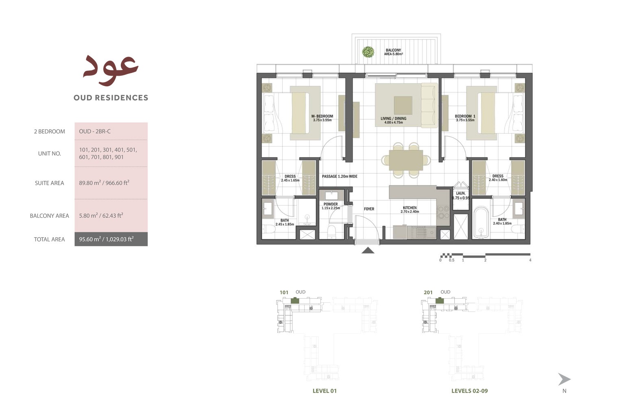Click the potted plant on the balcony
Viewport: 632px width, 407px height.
coord(368,52)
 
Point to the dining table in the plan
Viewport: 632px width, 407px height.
coord(405,160)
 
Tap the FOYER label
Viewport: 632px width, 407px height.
coord(369,209)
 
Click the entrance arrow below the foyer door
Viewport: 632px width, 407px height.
coord(368,250)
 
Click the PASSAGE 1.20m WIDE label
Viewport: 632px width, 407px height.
coord(340,176)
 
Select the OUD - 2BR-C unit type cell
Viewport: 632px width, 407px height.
coord(95,131)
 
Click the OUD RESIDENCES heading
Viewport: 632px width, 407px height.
coord(111,98)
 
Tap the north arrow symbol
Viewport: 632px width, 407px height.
coord(564,379)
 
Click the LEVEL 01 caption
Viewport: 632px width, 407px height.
coord(325,391)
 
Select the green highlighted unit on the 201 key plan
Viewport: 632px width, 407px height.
coord(439,301)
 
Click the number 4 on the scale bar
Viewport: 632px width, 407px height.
coord(530,260)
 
